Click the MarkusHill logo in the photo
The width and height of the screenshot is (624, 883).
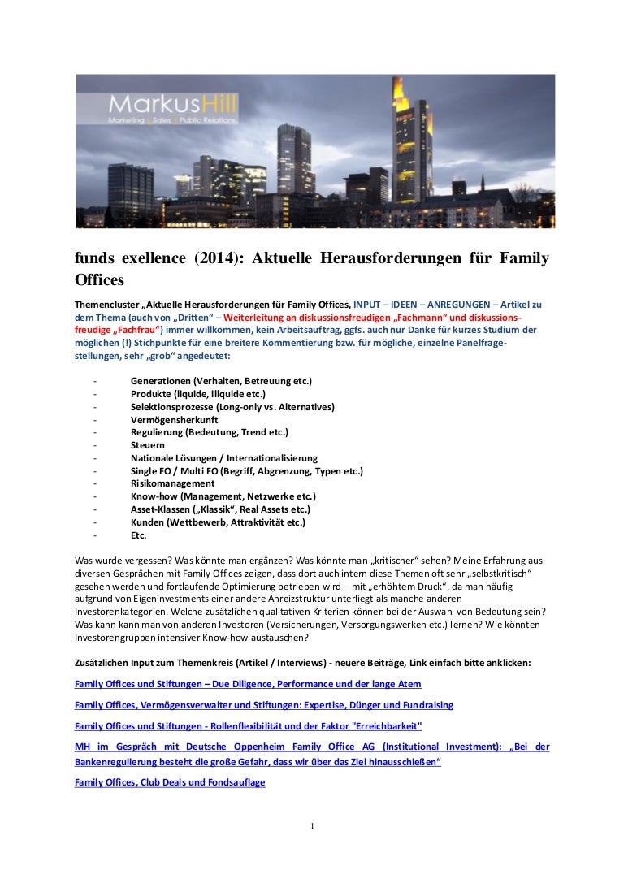point(173,109)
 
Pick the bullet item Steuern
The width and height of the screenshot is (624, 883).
point(147,445)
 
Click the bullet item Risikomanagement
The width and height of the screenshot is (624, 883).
point(172,483)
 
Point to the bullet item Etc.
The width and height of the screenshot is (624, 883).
point(138,535)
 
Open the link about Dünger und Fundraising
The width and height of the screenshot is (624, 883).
point(263,705)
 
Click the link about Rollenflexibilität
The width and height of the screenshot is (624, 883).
point(248,725)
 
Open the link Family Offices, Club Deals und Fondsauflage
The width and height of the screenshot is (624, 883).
point(170,782)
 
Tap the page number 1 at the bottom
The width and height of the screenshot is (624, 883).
point(312,826)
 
